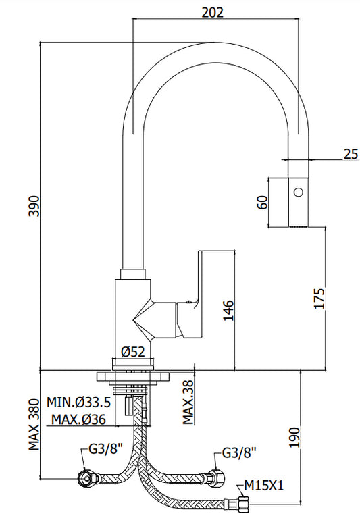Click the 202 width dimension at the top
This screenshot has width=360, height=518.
click(213, 12)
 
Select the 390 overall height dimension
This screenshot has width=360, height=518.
click(34, 206)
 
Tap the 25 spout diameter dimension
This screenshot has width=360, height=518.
click(351, 154)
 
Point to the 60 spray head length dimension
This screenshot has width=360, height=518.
click(262, 203)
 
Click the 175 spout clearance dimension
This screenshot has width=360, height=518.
click(319, 299)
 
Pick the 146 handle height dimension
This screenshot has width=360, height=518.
click(228, 310)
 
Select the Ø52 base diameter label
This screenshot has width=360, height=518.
click(133, 351)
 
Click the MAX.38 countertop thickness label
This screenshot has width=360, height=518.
click(188, 402)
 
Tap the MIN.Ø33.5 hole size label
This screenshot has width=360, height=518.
click(78, 403)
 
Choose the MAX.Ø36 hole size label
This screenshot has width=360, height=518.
click(78, 419)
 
